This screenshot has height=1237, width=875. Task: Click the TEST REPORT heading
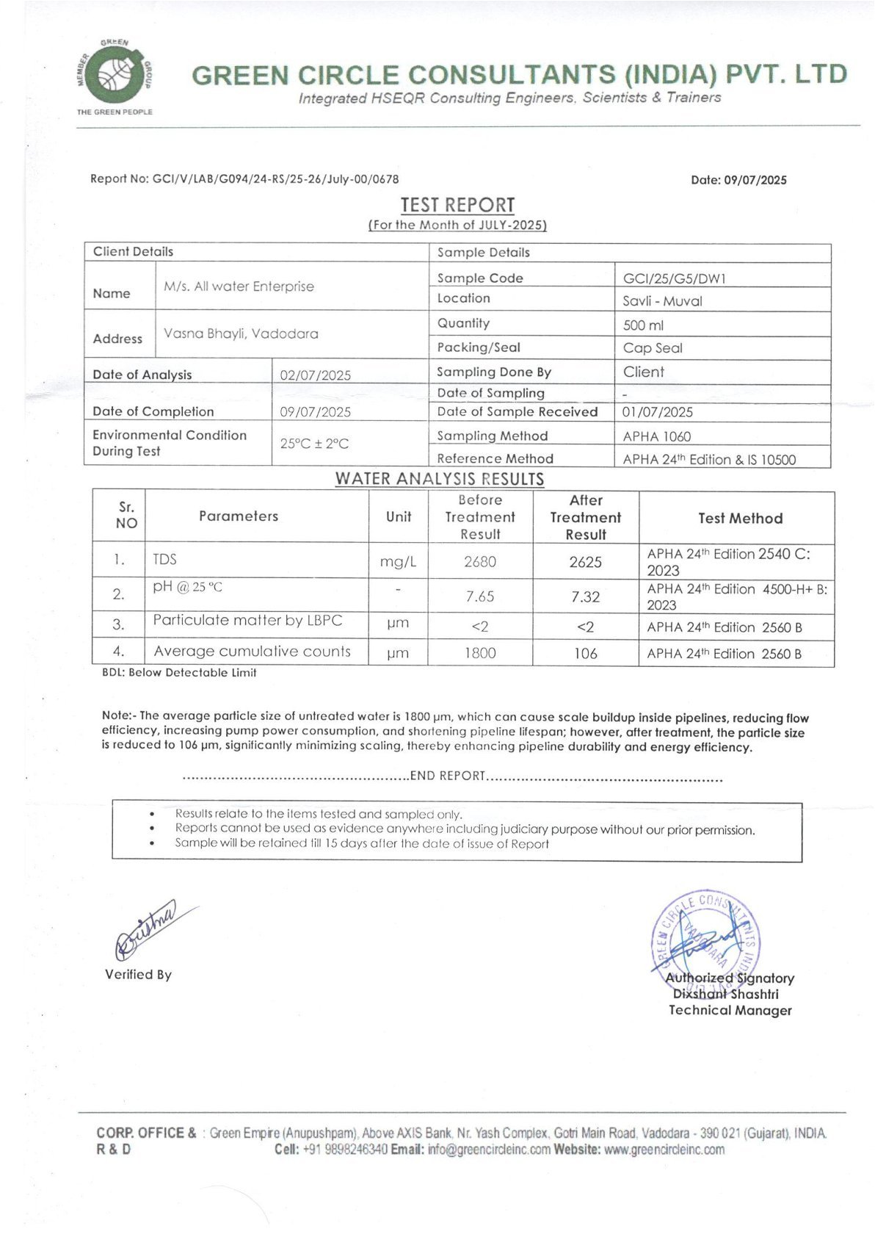coord(457,205)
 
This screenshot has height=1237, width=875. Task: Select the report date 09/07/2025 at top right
coord(755,180)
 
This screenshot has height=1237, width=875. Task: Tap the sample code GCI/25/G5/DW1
coord(674,278)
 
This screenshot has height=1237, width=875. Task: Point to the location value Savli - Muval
coord(662,301)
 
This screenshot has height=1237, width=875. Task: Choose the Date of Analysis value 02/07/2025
coord(316,375)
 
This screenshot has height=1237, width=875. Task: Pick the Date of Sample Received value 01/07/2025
coord(657,412)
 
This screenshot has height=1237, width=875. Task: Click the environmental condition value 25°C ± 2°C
coord(314,444)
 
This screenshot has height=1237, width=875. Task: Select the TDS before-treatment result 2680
coord(480,562)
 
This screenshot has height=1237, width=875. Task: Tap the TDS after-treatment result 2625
coord(585,562)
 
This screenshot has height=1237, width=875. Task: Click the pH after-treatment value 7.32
coord(585,596)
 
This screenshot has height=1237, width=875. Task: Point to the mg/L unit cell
coord(398,562)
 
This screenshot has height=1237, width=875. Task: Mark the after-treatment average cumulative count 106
coord(585,653)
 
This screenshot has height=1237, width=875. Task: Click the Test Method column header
coord(740,519)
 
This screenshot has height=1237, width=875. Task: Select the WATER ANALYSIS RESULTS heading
coord(440,479)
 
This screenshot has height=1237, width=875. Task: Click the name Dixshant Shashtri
coord(725,994)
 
